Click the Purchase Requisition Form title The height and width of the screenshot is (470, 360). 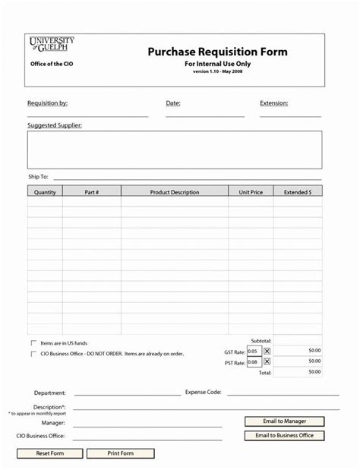point(217,52)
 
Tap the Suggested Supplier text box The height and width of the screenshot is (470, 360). point(175,149)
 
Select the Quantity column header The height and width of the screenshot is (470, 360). point(45,193)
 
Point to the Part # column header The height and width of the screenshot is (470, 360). point(92,193)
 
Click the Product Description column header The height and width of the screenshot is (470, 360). point(175,193)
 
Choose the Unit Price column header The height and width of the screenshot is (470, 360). point(251,193)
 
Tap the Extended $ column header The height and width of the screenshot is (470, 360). point(297,193)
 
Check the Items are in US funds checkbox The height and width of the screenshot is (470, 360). point(33,343)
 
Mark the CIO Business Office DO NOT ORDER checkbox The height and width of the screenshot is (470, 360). point(33,353)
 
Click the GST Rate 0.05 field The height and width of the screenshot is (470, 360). point(253,351)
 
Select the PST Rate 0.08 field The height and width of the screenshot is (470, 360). point(253,362)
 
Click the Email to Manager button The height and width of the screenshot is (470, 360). point(284,421)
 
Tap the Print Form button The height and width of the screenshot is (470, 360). point(121,453)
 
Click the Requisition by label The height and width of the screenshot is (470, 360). point(47,103)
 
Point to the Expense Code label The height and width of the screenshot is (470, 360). point(203,393)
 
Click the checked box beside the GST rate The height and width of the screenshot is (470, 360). point(267,351)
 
